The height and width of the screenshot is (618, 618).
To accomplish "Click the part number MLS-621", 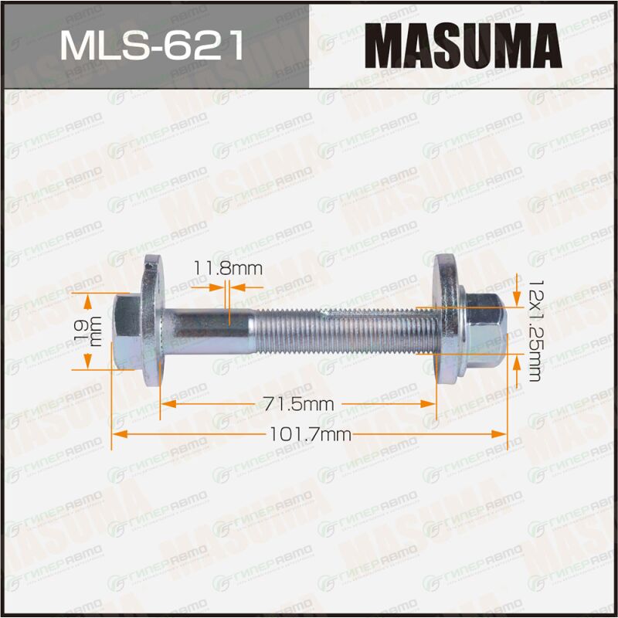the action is click(x=151, y=46).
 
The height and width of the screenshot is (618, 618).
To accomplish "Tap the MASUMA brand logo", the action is click(x=463, y=46).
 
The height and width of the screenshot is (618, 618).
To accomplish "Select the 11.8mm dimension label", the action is click(x=228, y=269).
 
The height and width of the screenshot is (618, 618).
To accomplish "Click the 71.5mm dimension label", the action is click(x=298, y=404).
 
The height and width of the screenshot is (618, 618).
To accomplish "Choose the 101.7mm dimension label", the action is click(x=311, y=434).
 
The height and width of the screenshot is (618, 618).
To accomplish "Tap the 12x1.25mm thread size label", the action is click(x=535, y=331).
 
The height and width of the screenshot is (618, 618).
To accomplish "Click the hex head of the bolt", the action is click(x=126, y=332).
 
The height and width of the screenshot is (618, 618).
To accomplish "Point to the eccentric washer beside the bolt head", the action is click(x=153, y=320).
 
